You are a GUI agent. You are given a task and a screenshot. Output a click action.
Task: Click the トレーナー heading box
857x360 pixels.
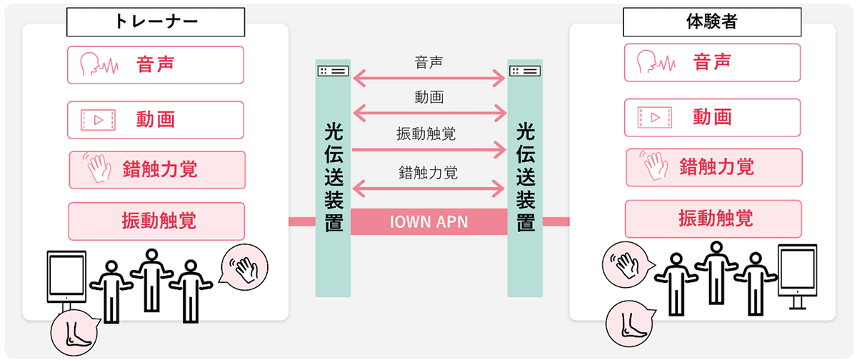(156, 22)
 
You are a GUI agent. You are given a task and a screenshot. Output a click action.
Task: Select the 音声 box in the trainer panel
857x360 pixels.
(156, 65)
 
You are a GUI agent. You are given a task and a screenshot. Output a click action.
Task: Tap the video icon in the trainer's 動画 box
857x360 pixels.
(98, 119)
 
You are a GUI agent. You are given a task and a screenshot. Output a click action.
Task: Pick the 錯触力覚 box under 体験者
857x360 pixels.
(713, 168)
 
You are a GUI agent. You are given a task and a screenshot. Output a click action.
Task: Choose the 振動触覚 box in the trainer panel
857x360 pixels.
(156, 221)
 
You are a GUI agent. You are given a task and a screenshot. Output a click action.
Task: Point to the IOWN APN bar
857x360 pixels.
(428, 221)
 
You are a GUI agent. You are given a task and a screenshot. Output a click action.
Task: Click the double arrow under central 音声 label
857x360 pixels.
(428, 76)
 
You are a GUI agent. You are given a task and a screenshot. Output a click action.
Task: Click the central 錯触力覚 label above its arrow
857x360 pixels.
(428, 172)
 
